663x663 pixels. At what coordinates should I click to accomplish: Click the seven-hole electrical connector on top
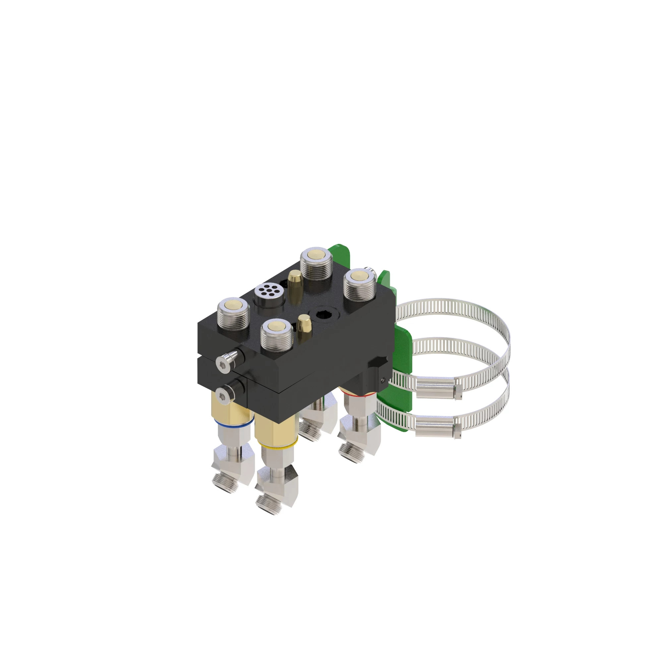(x=269, y=292)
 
